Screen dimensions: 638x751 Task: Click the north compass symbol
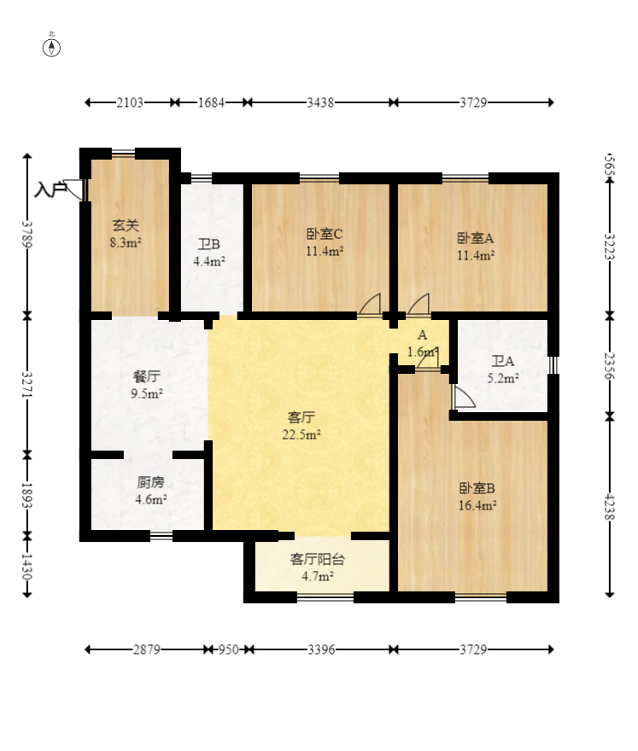click(x=51, y=48)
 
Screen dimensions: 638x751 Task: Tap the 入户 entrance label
click(x=50, y=189)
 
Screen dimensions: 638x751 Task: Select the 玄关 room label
click(x=126, y=224)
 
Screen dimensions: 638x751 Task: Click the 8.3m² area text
click(x=126, y=242)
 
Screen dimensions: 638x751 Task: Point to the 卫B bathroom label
click(x=209, y=244)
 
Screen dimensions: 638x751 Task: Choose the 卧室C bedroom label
click(x=325, y=234)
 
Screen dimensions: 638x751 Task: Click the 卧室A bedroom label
click(x=475, y=237)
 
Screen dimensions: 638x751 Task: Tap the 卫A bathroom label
click(x=503, y=361)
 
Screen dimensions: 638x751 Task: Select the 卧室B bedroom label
click(x=477, y=488)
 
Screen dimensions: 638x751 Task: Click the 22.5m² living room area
click(x=301, y=434)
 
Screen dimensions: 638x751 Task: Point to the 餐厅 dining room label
click(x=147, y=376)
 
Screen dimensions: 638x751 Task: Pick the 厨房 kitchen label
click(x=150, y=482)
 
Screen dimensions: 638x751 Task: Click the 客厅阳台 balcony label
click(x=318, y=559)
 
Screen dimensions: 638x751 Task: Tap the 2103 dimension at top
click(x=130, y=102)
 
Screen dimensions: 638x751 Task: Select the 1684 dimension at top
click(x=212, y=102)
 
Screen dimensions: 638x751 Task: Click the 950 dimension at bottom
click(x=229, y=649)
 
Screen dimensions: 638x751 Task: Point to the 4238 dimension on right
click(x=609, y=506)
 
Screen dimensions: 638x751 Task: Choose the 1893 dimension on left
click(x=26, y=496)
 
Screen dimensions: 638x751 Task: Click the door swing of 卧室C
click(x=370, y=305)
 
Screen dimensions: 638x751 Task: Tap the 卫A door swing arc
click(x=464, y=397)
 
